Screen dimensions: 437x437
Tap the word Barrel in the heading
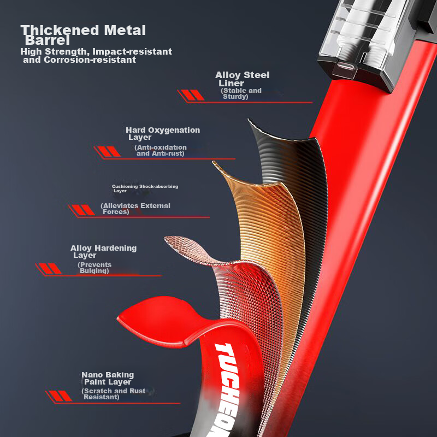[x=48, y=40]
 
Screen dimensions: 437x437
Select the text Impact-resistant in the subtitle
[x=132, y=51]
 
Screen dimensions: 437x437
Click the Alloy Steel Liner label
[x=243, y=79]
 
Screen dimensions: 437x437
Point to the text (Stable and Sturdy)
[x=241, y=93]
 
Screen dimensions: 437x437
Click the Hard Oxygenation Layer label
[x=163, y=133]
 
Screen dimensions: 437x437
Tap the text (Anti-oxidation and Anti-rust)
[x=161, y=151]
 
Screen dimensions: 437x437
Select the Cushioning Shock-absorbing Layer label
[x=145, y=188]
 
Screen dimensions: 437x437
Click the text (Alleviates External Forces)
[x=135, y=209]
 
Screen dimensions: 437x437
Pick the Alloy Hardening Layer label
[x=103, y=252]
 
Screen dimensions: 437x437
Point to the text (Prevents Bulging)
[x=95, y=268]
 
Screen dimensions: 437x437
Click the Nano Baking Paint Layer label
[x=108, y=378]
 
